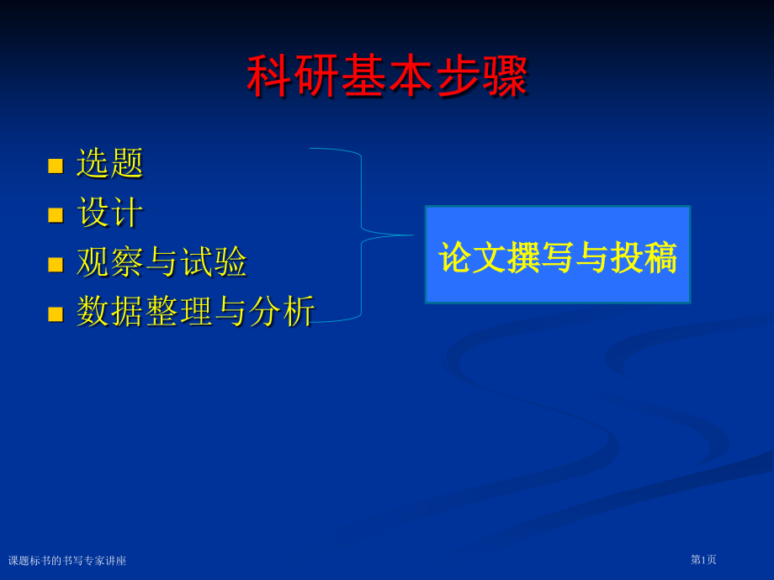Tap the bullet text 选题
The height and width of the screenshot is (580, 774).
(109, 163)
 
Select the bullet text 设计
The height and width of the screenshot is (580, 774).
(110, 212)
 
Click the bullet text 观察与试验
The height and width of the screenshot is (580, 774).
(162, 261)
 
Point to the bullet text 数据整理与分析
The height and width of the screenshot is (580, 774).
(195, 311)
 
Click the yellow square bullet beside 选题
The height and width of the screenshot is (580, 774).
(56, 166)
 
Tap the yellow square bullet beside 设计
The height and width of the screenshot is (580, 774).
(56, 215)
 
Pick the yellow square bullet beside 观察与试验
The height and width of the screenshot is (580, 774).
(56, 265)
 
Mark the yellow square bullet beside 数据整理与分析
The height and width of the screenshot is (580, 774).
(56, 314)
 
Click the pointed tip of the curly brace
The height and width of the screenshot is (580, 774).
(413, 235)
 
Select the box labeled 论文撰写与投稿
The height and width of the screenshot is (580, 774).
(558, 255)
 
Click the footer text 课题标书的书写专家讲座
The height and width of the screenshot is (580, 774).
(67, 561)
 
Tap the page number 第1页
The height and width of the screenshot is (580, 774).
(703, 560)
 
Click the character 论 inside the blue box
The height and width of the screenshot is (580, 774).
(455, 257)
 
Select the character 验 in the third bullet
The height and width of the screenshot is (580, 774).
(231, 261)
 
